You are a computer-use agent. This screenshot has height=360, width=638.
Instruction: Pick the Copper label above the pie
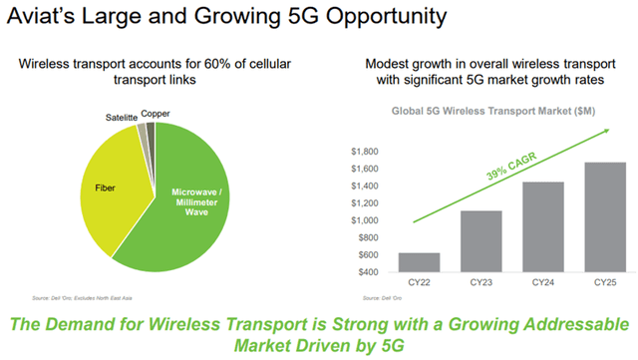point(155,114)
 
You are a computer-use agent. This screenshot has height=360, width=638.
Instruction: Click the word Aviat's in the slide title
point(44,19)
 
